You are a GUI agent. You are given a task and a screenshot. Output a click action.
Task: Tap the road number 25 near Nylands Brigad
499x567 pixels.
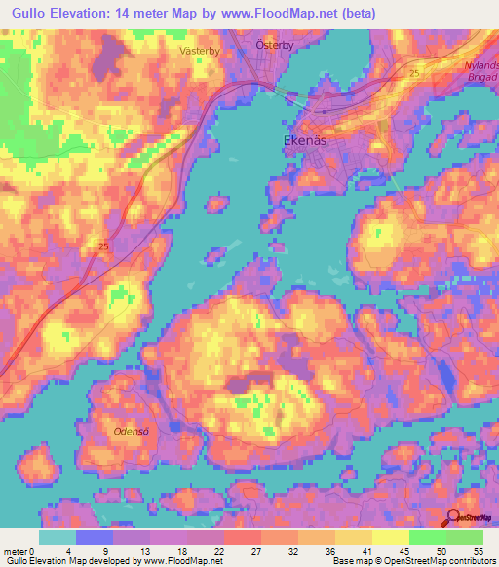point(415,73)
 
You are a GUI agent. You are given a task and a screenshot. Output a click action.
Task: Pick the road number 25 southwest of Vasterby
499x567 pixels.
point(103,247)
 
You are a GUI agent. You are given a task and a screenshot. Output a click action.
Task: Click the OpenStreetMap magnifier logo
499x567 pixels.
point(454,519)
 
